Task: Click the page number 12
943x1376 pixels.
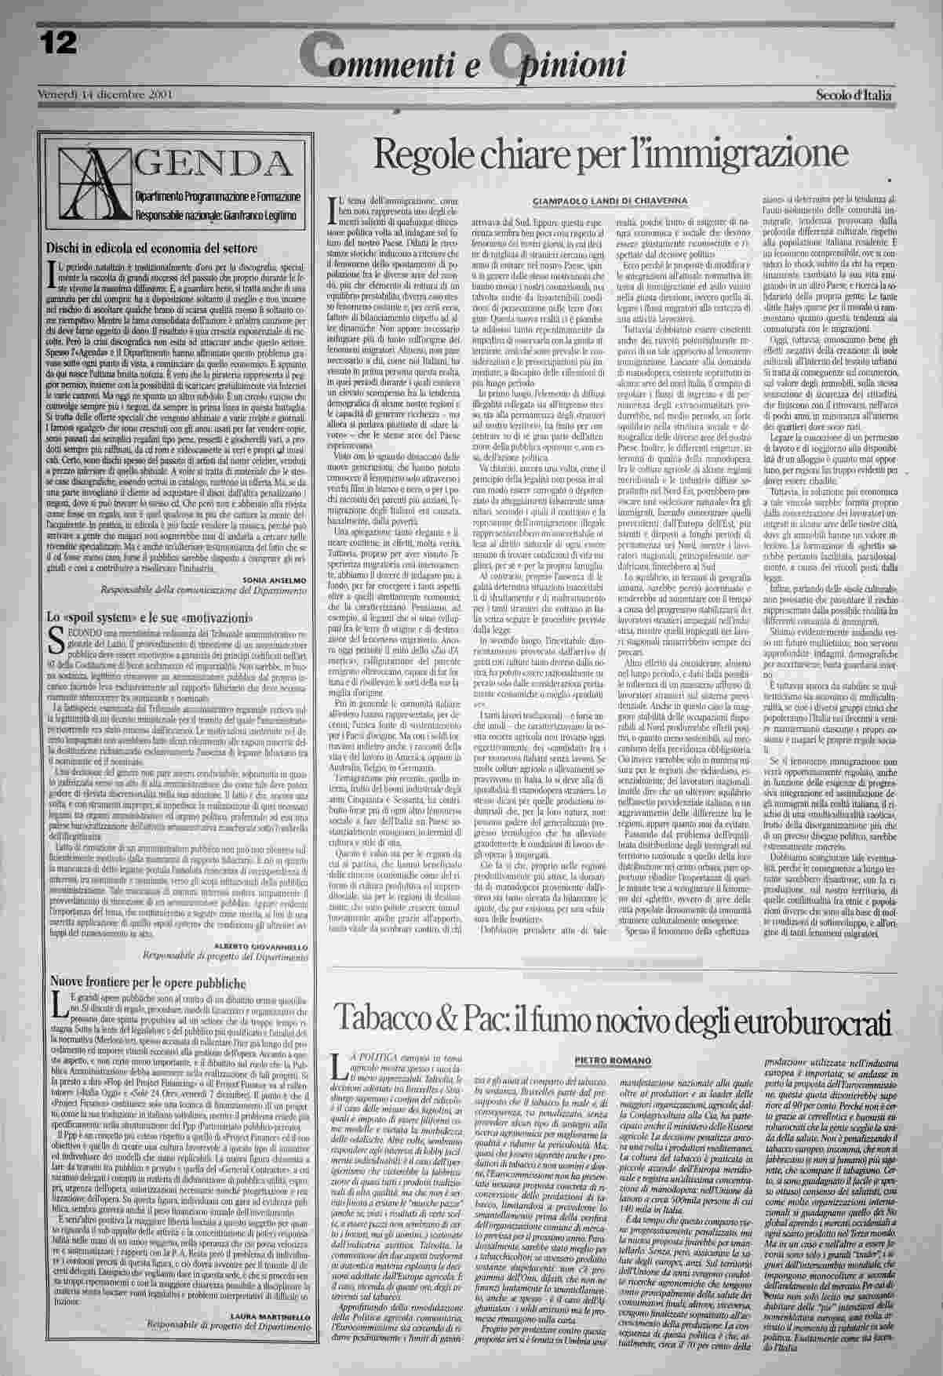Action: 57,42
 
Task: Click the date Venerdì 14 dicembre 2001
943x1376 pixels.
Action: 105,95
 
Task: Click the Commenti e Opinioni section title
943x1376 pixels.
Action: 462,62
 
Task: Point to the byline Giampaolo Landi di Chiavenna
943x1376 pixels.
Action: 610,201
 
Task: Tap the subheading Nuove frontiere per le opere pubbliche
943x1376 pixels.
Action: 148,982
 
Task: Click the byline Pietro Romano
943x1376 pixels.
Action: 613,1061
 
